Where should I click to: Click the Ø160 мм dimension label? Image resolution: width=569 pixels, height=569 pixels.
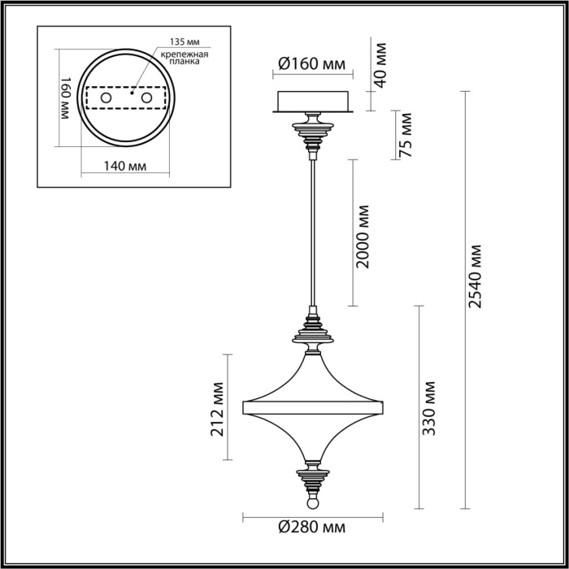tap(311, 64)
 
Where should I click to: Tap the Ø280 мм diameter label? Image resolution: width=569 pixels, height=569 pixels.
tap(311, 528)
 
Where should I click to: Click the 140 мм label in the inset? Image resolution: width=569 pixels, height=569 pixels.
tap(126, 167)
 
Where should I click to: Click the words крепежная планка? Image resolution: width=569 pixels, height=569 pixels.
tap(185, 59)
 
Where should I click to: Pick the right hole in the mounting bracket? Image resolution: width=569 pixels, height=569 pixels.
tap(147, 98)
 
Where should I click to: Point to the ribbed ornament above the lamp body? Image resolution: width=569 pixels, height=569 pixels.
tap(312, 332)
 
